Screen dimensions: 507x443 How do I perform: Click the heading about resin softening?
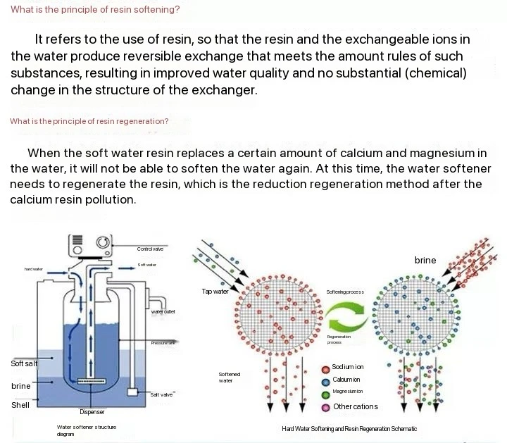coord(95,10)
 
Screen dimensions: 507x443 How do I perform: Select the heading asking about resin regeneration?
coord(89,121)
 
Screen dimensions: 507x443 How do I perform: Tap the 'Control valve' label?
coord(150,249)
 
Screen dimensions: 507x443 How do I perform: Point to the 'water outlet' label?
coord(163,311)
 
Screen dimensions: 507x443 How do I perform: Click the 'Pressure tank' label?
coord(163,343)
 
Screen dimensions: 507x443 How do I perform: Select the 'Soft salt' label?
coord(24,363)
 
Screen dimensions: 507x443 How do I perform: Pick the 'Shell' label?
coord(20,405)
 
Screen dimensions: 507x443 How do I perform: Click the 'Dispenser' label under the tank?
coord(92,411)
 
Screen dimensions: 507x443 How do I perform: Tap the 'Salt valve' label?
coord(161,394)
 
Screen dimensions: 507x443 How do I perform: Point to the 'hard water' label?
coord(33,269)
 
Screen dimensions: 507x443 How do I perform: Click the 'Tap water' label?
coord(215,292)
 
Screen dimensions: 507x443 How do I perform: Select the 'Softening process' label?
coord(345,292)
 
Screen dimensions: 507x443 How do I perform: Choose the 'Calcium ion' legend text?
coord(346,380)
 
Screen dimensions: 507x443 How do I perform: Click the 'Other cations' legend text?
coord(355,406)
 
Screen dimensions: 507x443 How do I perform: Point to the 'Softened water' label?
coord(229,378)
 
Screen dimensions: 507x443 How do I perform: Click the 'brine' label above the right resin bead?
coord(425,260)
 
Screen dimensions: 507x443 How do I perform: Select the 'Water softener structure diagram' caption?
coord(87,430)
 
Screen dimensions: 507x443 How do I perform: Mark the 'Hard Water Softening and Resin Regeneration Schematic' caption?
coord(349,428)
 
